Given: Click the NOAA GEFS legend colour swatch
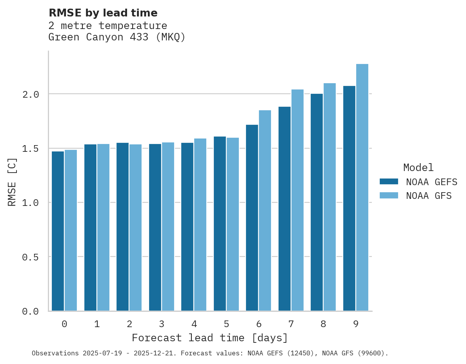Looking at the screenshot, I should point(389,182).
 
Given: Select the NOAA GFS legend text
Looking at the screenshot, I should point(429,196).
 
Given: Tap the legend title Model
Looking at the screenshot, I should point(419,167).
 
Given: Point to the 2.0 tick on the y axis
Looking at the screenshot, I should point(30,95).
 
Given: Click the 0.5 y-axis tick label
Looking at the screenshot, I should point(30,257).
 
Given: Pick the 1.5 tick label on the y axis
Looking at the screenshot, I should point(30,149).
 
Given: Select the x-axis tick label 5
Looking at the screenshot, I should point(226,324).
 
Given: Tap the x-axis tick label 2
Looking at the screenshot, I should point(129,324).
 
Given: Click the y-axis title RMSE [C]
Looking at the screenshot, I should point(12,182).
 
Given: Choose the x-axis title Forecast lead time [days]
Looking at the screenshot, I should point(210,338).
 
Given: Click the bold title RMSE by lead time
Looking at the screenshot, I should point(103,13).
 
